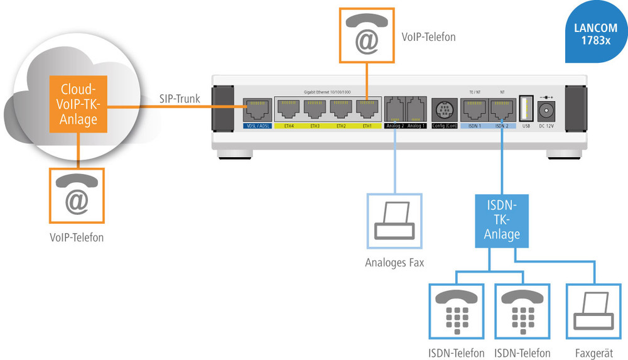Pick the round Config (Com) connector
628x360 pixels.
tap(445, 111)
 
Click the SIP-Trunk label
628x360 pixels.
tap(180, 99)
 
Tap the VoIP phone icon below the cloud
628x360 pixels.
tap(77, 196)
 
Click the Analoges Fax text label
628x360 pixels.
tap(394, 263)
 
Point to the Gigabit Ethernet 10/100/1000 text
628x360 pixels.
tap(328, 92)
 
